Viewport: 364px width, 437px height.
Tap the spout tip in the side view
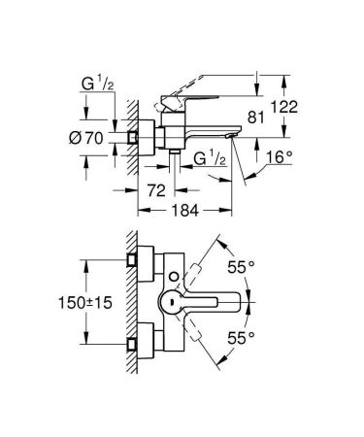(x=233, y=136)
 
